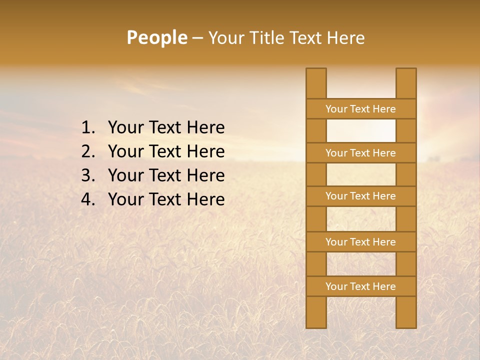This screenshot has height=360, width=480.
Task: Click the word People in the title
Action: click(156, 38)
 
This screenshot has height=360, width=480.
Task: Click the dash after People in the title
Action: click(197, 38)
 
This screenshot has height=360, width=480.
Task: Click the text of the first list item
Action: click(166, 128)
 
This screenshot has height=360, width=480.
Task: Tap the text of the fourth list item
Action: click(166, 199)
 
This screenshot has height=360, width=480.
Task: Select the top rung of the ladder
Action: click(360, 109)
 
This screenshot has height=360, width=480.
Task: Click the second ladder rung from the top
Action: click(360, 153)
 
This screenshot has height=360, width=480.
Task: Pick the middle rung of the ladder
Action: click(360, 196)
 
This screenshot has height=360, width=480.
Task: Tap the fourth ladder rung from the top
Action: click(360, 242)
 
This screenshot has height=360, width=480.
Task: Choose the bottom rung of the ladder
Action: click(360, 286)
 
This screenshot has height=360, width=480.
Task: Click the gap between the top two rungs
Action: click(360, 131)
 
